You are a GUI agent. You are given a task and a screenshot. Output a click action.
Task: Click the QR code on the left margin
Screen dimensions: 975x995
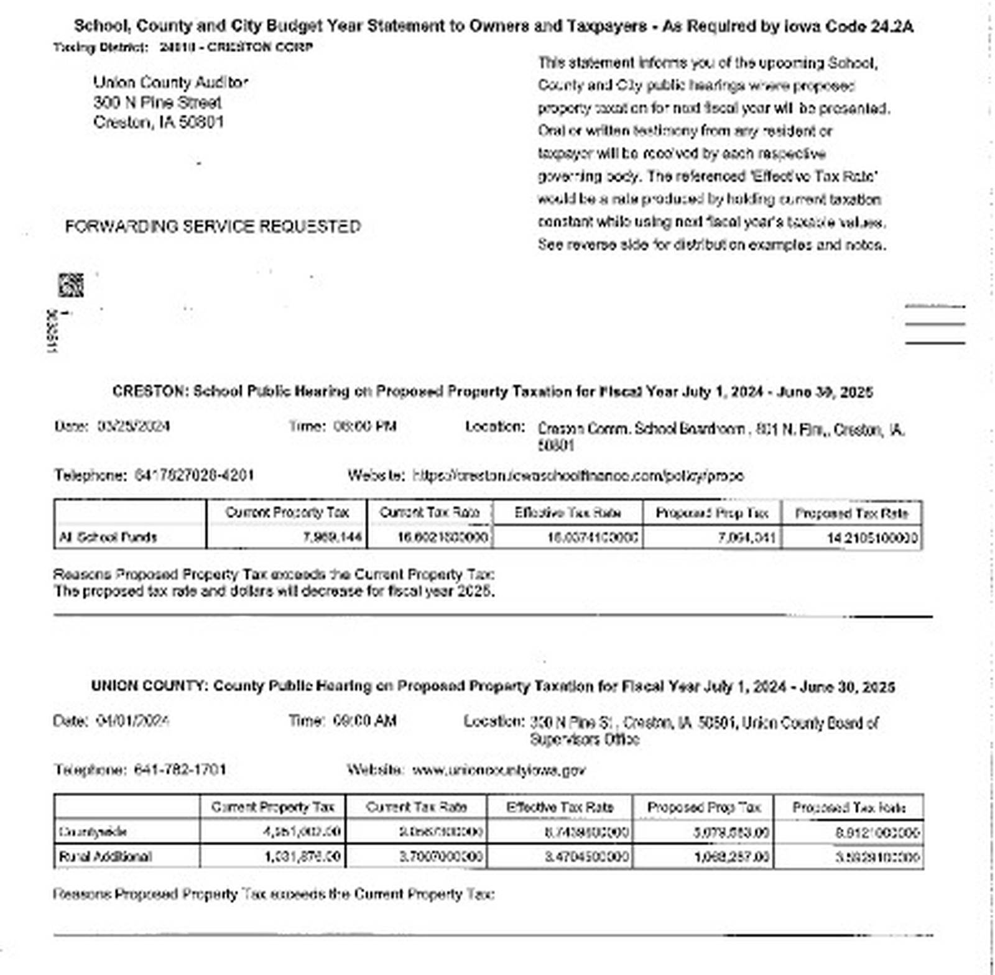(70, 285)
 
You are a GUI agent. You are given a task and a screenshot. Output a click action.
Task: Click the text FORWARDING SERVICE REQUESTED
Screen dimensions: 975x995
(213, 227)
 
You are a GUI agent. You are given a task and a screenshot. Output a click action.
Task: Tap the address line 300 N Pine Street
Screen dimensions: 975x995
(157, 103)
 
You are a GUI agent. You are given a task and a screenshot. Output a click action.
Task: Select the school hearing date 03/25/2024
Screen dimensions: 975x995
(134, 427)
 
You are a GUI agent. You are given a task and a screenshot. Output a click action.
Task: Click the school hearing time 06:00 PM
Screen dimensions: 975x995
(365, 427)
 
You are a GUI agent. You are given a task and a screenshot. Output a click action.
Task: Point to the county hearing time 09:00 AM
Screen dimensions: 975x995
(365, 721)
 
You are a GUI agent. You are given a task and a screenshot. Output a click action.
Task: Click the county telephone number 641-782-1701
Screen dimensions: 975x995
(180, 771)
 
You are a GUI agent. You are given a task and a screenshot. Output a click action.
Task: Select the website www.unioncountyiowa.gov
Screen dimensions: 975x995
(499, 771)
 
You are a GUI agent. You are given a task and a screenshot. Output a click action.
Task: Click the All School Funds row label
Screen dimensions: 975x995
(108, 538)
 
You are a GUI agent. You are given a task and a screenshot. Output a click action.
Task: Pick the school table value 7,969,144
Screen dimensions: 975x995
(332, 538)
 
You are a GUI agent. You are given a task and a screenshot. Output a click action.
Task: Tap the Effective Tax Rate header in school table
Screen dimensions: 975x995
(568, 513)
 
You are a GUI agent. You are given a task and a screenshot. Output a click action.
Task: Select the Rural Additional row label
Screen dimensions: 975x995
(105, 857)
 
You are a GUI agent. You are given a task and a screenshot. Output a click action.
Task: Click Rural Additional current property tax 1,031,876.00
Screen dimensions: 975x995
(302, 857)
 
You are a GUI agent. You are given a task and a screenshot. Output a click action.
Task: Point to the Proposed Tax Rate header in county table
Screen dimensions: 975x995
(849, 808)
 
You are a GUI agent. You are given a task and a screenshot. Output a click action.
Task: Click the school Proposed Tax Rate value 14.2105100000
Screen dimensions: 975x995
(872, 538)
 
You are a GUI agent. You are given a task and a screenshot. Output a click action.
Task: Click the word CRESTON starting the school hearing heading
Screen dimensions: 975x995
(149, 392)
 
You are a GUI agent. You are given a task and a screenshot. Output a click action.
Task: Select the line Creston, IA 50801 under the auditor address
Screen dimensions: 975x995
(159, 122)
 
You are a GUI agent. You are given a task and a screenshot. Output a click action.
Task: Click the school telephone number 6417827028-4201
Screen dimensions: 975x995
(194, 476)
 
